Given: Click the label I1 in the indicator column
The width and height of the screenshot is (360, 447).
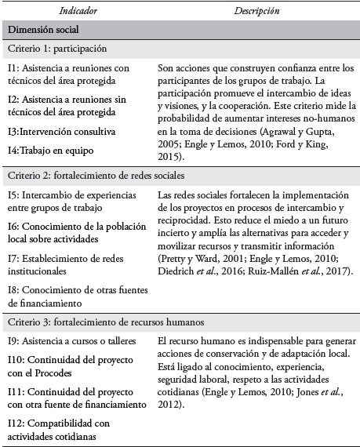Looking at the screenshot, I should (13, 68).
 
